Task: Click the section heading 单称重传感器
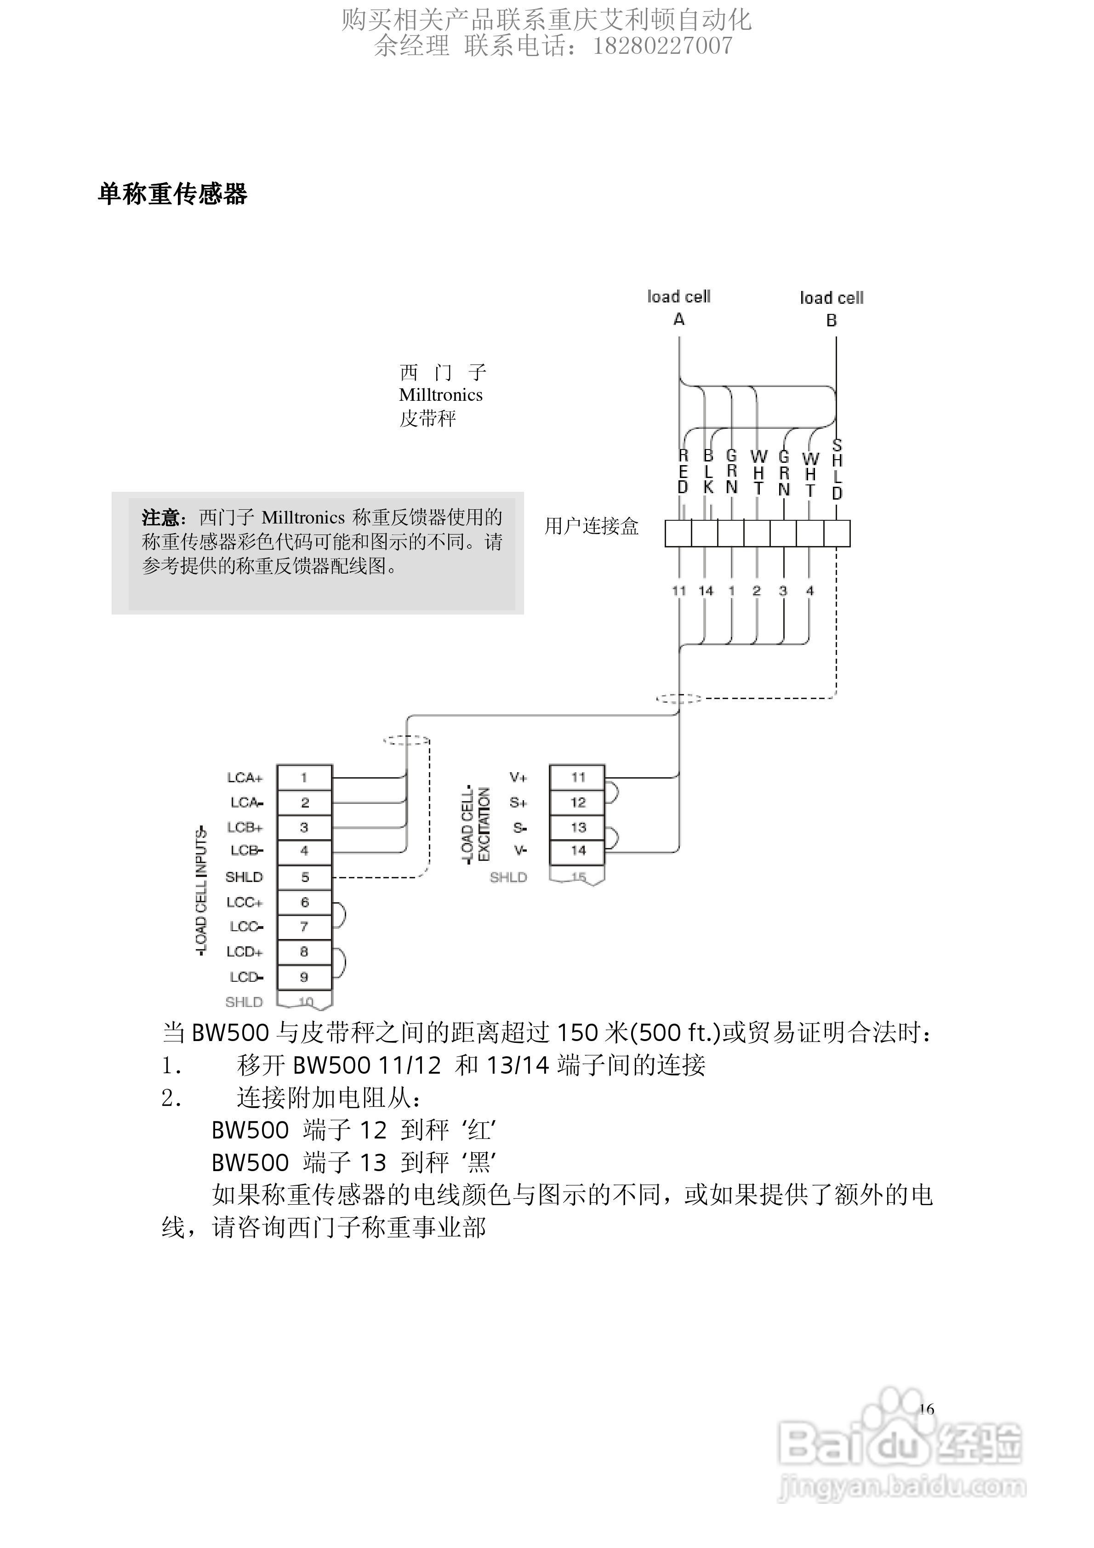click(173, 194)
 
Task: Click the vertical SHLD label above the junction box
click(837, 469)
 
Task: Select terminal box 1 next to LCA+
click(304, 777)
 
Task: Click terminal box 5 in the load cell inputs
click(304, 877)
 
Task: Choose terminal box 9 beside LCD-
click(304, 977)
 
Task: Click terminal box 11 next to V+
click(577, 777)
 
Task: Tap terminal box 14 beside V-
click(577, 851)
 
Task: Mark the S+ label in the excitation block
click(518, 802)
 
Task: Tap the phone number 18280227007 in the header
click(662, 45)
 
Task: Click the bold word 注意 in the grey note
click(160, 518)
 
